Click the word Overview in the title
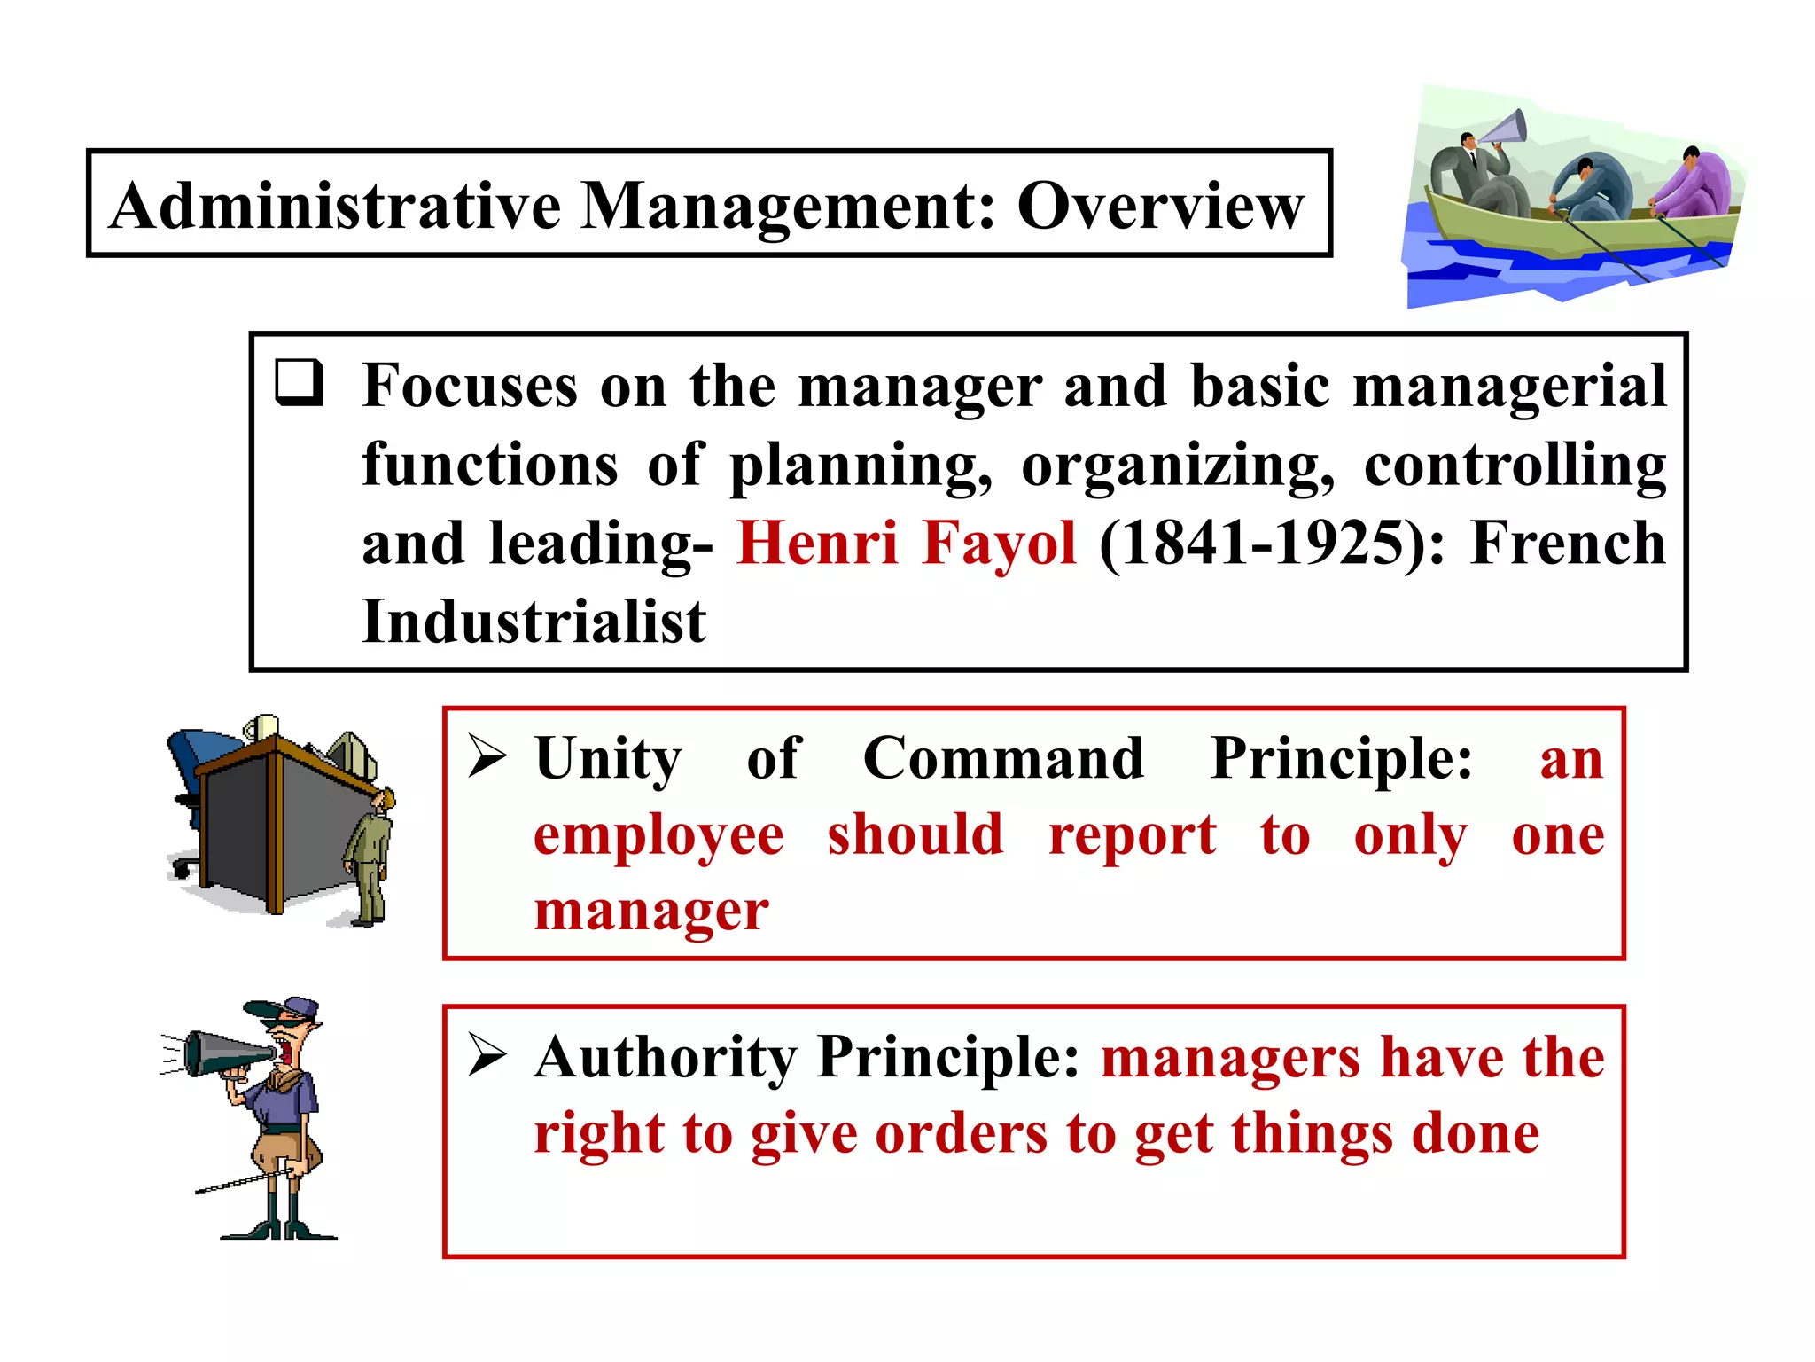point(1160,206)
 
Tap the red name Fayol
point(999,543)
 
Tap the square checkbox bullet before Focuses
point(298,383)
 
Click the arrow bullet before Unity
point(487,756)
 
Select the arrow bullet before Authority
point(487,1054)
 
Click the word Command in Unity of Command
point(1003,759)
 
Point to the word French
point(1568,543)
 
